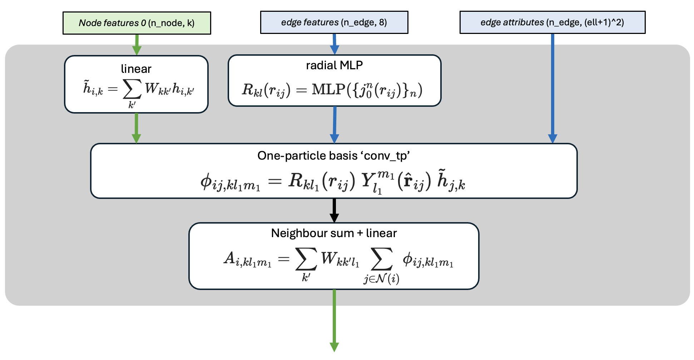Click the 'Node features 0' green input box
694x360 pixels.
tap(137, 23)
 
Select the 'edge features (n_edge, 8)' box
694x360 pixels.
tap(334, 22)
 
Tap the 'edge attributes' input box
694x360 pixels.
tap(552, 22)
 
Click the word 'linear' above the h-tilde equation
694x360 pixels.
tap(136, 69)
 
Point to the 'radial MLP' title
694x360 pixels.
tap(334, 65)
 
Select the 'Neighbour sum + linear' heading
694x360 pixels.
tap(334, 233)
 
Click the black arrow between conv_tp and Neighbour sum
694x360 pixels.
tap(334, 210)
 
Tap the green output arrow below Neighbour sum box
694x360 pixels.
tap(334, 320)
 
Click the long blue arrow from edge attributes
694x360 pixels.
tap(552, 89)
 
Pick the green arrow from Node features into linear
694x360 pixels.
tap(137, 45)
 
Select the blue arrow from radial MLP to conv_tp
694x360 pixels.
tap(334, 125)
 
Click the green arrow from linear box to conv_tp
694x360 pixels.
tap(136, 128)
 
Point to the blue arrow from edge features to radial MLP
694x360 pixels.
tap(334, 44)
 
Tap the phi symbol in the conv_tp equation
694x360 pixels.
tap(206, 181)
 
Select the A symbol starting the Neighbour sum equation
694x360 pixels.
tap(229, 258)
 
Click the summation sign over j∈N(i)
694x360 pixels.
tap(382, 259)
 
